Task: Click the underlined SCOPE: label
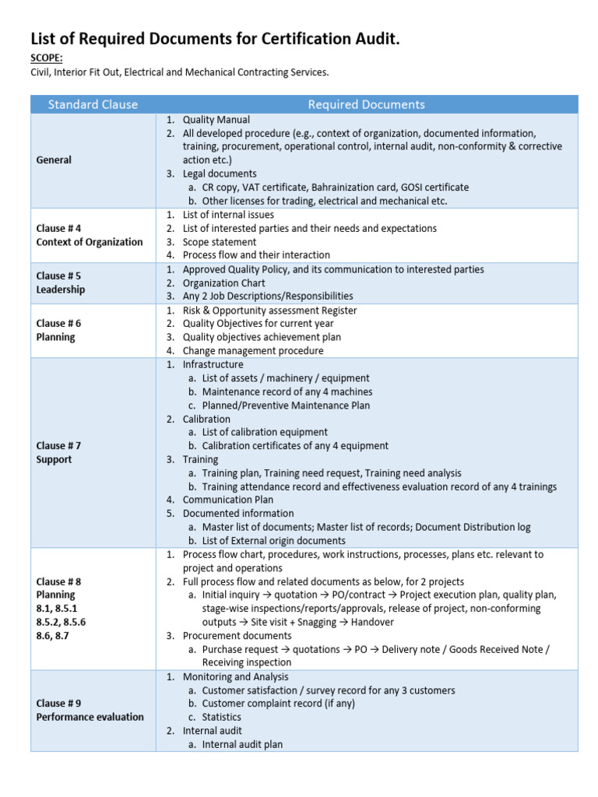coord(46,58)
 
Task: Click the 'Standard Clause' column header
coord(93,104)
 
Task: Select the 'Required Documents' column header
coord(366,104)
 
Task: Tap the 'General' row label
coord(54,160)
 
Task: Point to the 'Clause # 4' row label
coord(58,229)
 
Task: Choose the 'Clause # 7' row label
coord(58,446)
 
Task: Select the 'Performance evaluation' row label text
coord(90,717)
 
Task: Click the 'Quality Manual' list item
coord(216,120)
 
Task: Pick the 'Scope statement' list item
coord(220,242)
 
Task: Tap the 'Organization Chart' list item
coord(225,283)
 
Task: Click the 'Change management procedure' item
coord(253,351)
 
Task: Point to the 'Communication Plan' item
coord(227,500)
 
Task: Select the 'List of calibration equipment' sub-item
coord(265,432)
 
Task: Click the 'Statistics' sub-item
coord(221,717)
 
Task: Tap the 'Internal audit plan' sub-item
coord(242,744)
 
